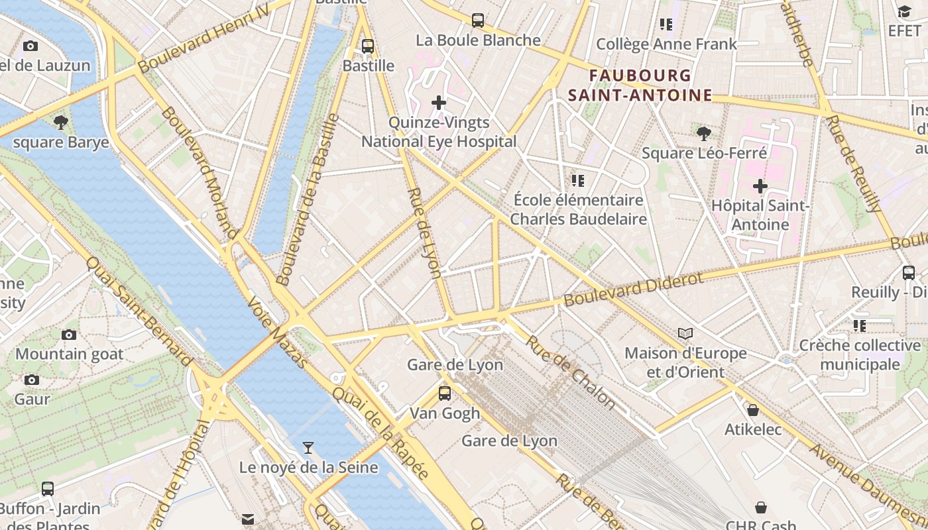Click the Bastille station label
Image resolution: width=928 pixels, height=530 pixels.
click(369, 66)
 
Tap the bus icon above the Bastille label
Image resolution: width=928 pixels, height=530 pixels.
click(368, 46)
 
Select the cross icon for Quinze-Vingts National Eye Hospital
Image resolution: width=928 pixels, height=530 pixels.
click(439, 103)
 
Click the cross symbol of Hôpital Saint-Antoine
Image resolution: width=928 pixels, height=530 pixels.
click(760, 186)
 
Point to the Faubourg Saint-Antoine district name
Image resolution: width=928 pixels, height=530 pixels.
click(640, 85)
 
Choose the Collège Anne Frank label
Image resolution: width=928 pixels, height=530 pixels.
click(666, 44)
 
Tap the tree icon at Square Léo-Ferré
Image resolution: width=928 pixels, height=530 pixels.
click(704, 134)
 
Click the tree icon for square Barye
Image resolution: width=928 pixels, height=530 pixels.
click(61, 123)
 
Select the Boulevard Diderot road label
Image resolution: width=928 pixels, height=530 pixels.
click(633, 289)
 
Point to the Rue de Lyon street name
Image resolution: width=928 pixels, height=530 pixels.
click(424, 233)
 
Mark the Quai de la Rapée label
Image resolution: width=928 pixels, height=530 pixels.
click(381, 431)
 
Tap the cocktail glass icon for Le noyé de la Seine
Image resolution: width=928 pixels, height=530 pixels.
click(308, 448)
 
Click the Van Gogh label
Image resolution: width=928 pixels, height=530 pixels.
click(445, 413)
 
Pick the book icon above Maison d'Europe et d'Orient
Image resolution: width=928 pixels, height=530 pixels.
click(685, 333)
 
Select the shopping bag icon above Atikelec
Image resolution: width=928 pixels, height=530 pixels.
click(753, 410)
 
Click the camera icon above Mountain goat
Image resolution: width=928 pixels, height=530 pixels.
click(69, 335)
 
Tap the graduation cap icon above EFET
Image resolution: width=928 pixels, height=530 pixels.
click(904, 11)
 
